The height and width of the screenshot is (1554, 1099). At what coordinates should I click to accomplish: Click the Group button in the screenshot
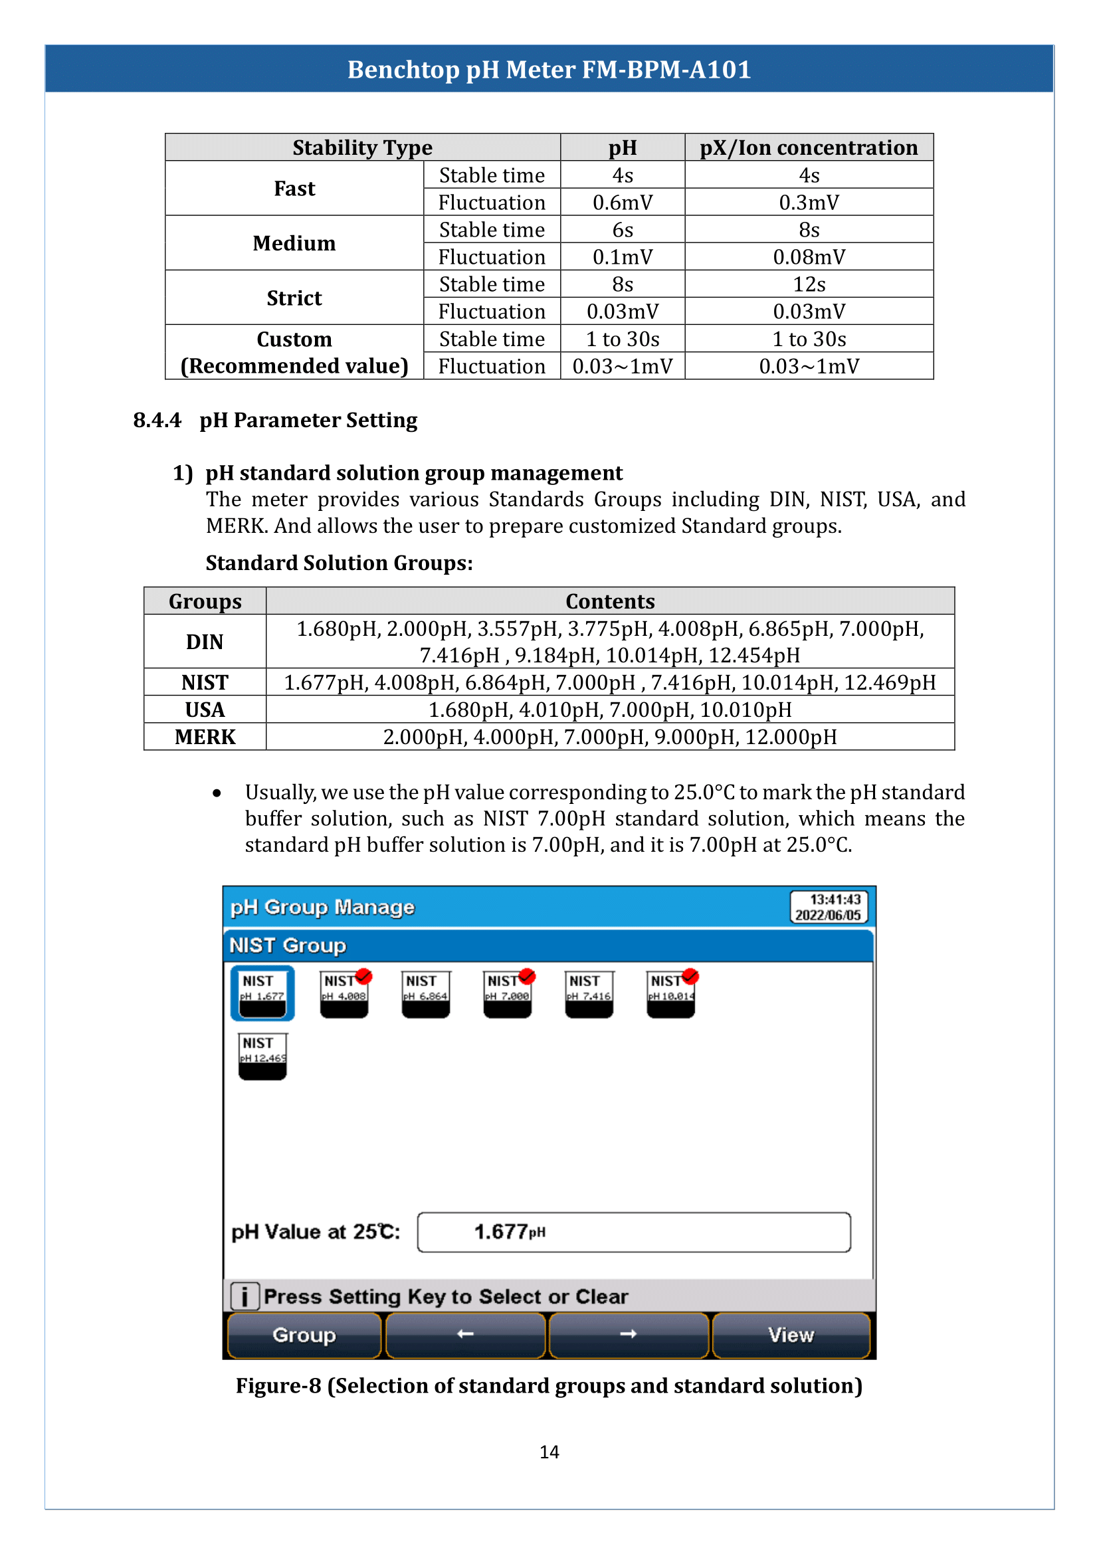(304, 1335)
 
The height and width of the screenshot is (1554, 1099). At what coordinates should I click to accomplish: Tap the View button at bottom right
(791, 1335)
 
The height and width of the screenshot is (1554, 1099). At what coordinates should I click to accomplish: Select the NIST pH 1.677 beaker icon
(262, 993)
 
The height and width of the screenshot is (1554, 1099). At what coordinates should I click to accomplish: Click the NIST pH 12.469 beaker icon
(262, 1055)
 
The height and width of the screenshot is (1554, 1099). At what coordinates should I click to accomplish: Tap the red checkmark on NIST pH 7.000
(527, 976)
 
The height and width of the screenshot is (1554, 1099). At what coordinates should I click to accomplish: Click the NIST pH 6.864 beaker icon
(426, 993)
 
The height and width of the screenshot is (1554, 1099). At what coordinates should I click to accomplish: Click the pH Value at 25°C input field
(633, 1232)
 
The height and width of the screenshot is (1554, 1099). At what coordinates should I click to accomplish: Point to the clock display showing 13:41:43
(828, 907)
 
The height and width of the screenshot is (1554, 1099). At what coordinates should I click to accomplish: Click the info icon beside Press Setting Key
(245, 1296)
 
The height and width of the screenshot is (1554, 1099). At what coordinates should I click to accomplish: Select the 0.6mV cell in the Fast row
(622, 203)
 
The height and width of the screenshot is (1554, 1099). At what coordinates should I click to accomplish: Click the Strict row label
(294, 298)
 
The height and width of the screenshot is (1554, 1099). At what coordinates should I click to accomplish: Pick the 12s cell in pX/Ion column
(809, 284)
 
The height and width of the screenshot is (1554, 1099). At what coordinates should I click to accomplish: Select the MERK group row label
(205, 736)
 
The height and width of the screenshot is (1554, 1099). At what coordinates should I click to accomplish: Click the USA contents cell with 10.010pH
(610, 710)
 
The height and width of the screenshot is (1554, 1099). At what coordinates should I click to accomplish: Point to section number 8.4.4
(157, 421)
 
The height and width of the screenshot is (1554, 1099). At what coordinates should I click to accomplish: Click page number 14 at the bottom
(549, 1452)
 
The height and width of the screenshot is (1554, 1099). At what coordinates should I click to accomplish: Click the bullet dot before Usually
(217, 793)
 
